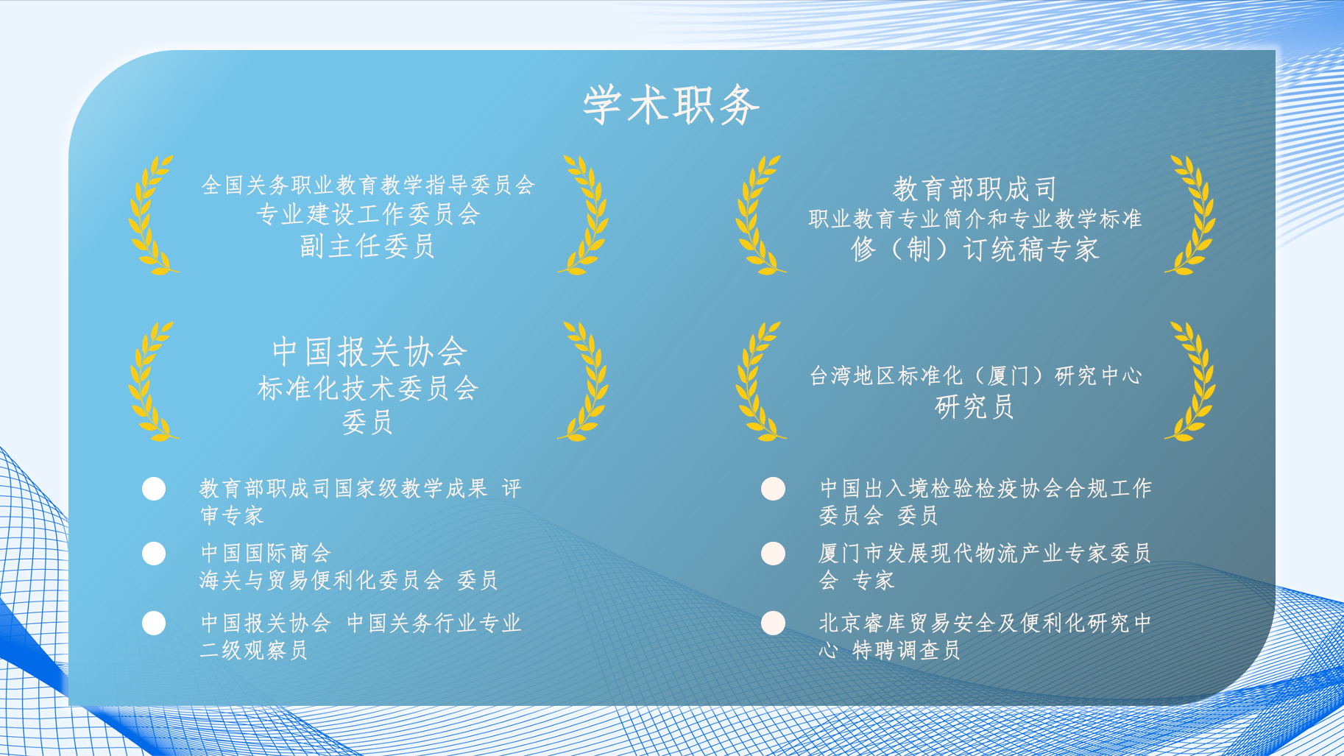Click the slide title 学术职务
[x=671, y=105]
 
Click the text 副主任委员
[x=367, y=247]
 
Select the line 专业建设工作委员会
[x=368, y=215]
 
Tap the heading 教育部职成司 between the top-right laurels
[x=975, y=189]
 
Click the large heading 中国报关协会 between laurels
[x=369, y=352]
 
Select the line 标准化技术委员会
[x=368, y=389]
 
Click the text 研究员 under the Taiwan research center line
[x=975, y=407]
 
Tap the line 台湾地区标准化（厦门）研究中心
[x=975, y=376]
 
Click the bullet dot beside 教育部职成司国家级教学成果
[x=154, y=489]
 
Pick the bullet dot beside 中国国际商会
[x=154, y=554]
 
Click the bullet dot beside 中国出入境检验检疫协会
[x=773, y=489]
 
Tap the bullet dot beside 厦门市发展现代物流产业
[x=773, y=554]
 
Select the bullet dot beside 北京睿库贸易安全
[x=773, y=623]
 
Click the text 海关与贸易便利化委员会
[x=321, y=581]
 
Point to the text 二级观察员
[x=254, y=651]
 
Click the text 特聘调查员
[x=906, y=651]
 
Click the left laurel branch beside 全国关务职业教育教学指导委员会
[x=151, y=215]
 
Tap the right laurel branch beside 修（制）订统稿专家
[x=1192, y=215]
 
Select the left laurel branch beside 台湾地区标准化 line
[x=758, y=381]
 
